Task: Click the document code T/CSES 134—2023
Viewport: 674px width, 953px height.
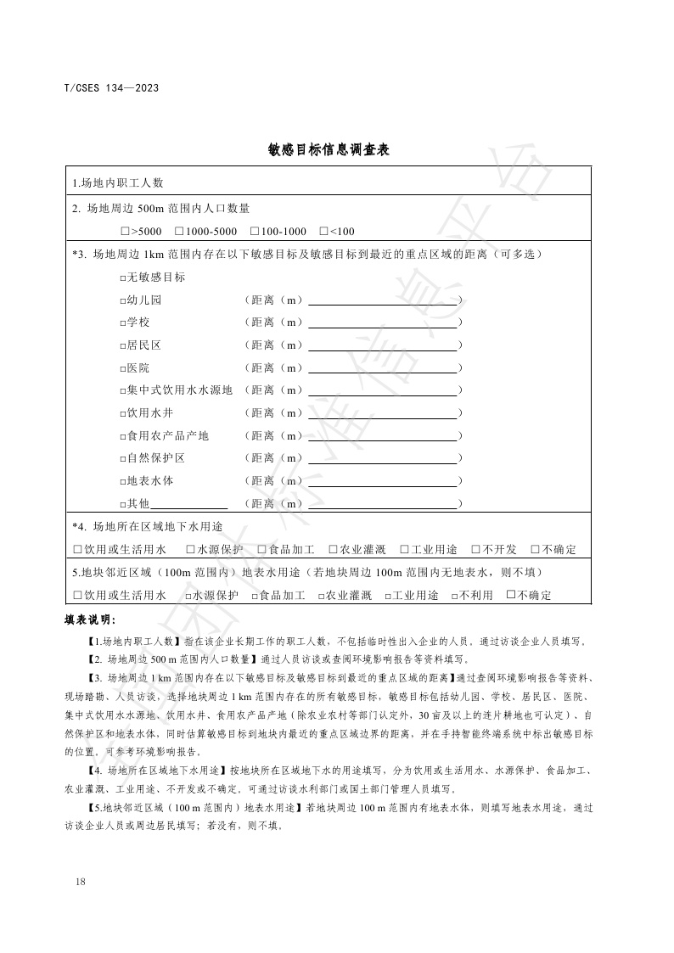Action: (111, 87)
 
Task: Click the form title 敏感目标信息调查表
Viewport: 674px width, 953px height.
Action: (328, 150)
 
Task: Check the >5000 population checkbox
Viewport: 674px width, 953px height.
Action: (125, 231)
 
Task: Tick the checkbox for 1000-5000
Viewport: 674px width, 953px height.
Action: (179, 231)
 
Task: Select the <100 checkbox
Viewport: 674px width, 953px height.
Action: (323, 231)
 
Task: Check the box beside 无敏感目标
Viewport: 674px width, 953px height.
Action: (123, 277)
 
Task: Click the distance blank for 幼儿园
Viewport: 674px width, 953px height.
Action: (382, 300)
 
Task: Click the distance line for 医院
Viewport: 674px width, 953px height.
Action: (382, 368)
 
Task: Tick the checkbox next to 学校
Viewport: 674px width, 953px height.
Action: (123, 323)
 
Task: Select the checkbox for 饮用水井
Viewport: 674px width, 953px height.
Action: (123, 413)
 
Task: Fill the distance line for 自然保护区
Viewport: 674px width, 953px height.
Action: (382, 458)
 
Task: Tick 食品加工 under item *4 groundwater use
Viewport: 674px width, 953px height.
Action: (261, 550)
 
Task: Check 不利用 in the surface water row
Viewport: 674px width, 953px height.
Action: (455, 596)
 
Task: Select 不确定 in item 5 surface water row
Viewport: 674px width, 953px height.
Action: (510, 595)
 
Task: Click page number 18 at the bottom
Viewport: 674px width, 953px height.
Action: (81, 882)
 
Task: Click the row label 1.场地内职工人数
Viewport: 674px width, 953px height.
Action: (118, 182)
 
